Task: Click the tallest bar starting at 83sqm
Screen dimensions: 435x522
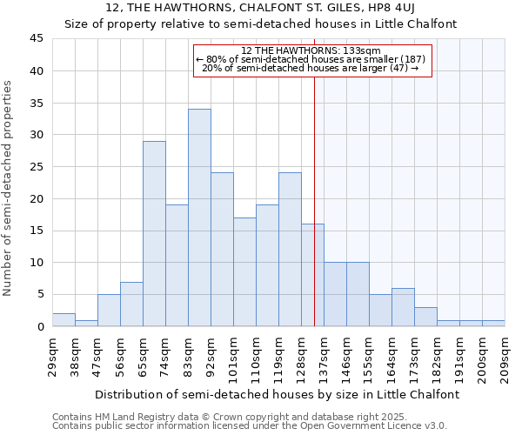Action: (x=199, y=217)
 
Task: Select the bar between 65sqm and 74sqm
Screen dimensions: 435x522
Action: (x=154, y=233)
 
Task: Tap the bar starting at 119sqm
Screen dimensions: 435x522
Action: (x=290, y=250)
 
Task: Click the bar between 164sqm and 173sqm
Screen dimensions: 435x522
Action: (x=403, y=307)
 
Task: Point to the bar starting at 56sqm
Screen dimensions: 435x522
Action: (x=131, y=304)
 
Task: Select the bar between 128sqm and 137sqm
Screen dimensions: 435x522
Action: (x=312, y=275)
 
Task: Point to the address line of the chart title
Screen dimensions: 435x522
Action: (x=261, y=8)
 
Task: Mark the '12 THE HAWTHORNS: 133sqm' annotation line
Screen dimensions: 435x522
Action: (x=311, y=50)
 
